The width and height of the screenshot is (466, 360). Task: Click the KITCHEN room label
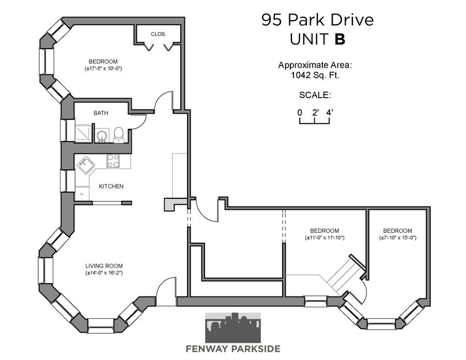pyautogui.click(x=111, y=186)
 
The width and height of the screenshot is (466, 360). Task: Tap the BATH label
pyautogui.click(x=101, y=113)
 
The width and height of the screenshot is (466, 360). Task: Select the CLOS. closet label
pyautogui.click(x=159, y=34)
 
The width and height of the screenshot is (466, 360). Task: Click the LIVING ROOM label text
pyautogui.click(x=104, y=266)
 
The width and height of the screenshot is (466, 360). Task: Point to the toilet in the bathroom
pyautogui.click(x=119, y=135)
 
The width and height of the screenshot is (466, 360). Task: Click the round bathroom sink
pyautogui.click(x=102, y=136)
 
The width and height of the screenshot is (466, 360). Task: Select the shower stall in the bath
pyautogui.click(x=83, y=134)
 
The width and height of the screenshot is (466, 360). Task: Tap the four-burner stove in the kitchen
pyautogui.click(x=113, y=161)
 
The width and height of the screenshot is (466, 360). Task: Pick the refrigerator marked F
pyautogui.click(x=82, y=193)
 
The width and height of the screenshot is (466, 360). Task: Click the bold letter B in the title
pyautogui.click(x=340, y=39)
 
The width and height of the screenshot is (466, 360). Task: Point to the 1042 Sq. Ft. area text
pyautogui.click(x=315, y=75)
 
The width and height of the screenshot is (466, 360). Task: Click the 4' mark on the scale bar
pyautogui.click(x=330, y=113)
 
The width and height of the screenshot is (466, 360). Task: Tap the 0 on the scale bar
pyautogui.click(x=300, y=113)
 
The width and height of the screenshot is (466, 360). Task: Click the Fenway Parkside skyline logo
pyautogui.click(x=233, y=327)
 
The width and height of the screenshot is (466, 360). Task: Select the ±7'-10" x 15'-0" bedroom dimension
pyautogui.click(x=398, y=238)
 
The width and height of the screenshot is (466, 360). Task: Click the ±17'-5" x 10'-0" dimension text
pyautogui.click(x=103, y=68)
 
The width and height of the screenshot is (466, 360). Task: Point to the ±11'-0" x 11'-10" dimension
pyautogui.click(x=324, y=238)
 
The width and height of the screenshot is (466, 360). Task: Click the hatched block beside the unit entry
pyautogui.click(x=175, y=205)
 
